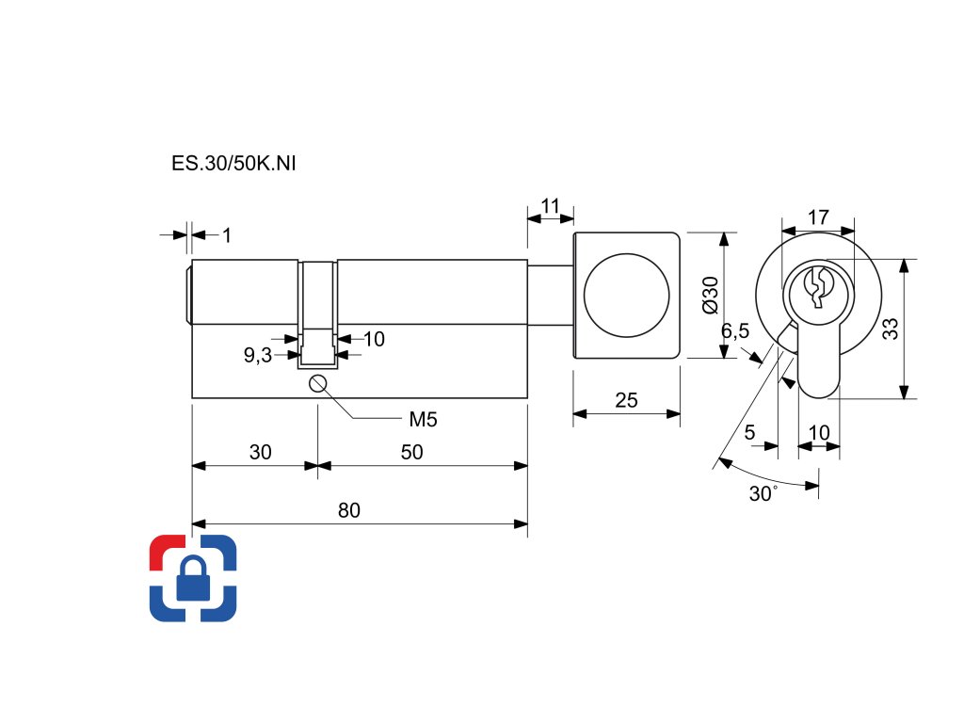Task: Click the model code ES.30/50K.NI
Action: point(234,164)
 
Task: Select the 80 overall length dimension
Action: point(349,510)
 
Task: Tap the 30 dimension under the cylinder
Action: point(261,452)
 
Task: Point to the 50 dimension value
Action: point(411,452)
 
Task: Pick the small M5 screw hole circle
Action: point(317,383)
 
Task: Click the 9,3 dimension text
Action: point(256,355)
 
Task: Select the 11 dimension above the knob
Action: point(550,206)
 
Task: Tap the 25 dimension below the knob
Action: point(626,400)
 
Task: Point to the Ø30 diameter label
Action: point(711,296)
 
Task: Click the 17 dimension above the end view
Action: point(818,217)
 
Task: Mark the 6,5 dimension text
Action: point(735,331)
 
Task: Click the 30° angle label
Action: point(763,493)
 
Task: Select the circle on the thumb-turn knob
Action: point(627,295)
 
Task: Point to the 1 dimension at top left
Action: point(226,234)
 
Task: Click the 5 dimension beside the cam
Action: point(749,432)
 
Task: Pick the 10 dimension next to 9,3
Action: point(374,339)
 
